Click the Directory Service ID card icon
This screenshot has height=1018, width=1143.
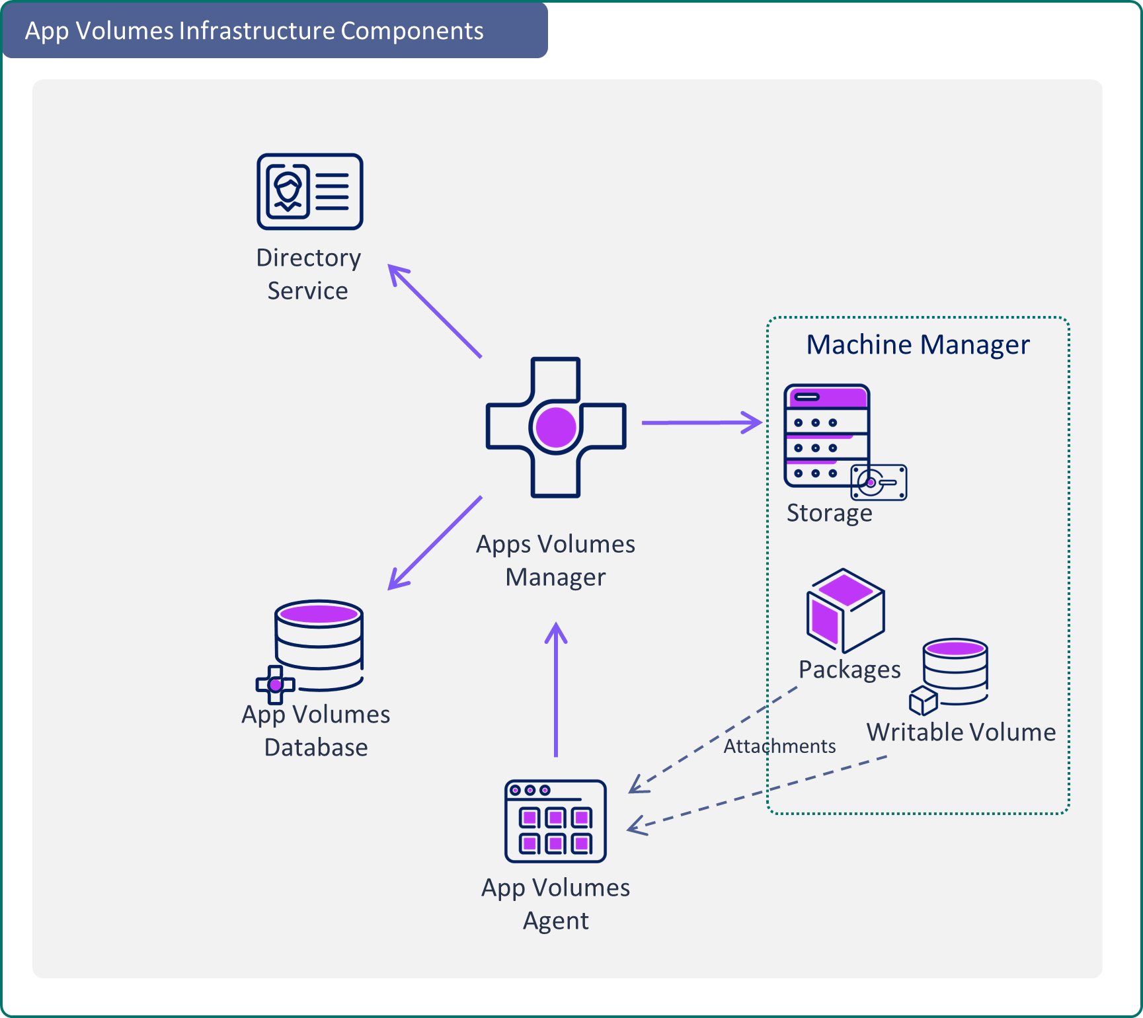[x=309, y=192]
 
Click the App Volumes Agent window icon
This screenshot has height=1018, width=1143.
[x=555, y=821]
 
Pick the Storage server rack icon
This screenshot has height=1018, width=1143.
[x=826, y=435]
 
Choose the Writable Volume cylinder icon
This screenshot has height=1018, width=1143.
[x=955, y=672]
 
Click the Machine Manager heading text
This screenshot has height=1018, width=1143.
[x=918, y=345]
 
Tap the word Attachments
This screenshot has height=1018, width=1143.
[x=779, y=746]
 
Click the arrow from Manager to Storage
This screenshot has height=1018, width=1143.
[x=701, y=422]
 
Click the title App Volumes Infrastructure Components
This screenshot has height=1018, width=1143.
[x=255, y=31]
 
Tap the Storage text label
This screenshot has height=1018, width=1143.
[x=829, y=513]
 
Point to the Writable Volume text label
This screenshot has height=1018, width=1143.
[x=961, y=732]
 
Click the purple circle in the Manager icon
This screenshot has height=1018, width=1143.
[x=556, y=427]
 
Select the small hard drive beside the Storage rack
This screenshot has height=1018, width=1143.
[x=879, y=482]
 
